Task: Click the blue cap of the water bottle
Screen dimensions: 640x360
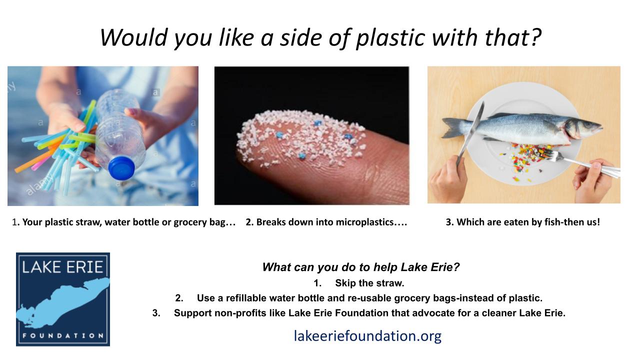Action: click(121, 167)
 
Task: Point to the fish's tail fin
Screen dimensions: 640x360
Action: click(453, 127)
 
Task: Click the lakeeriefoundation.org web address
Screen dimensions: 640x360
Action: click(367, 336)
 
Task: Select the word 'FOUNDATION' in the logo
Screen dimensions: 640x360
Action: click(63, 335)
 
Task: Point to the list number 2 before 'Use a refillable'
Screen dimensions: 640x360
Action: click(179, 298)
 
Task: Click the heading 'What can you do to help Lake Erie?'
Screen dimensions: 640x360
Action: click(361, 267)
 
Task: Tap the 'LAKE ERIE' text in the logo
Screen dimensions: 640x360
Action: click(62, 267)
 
